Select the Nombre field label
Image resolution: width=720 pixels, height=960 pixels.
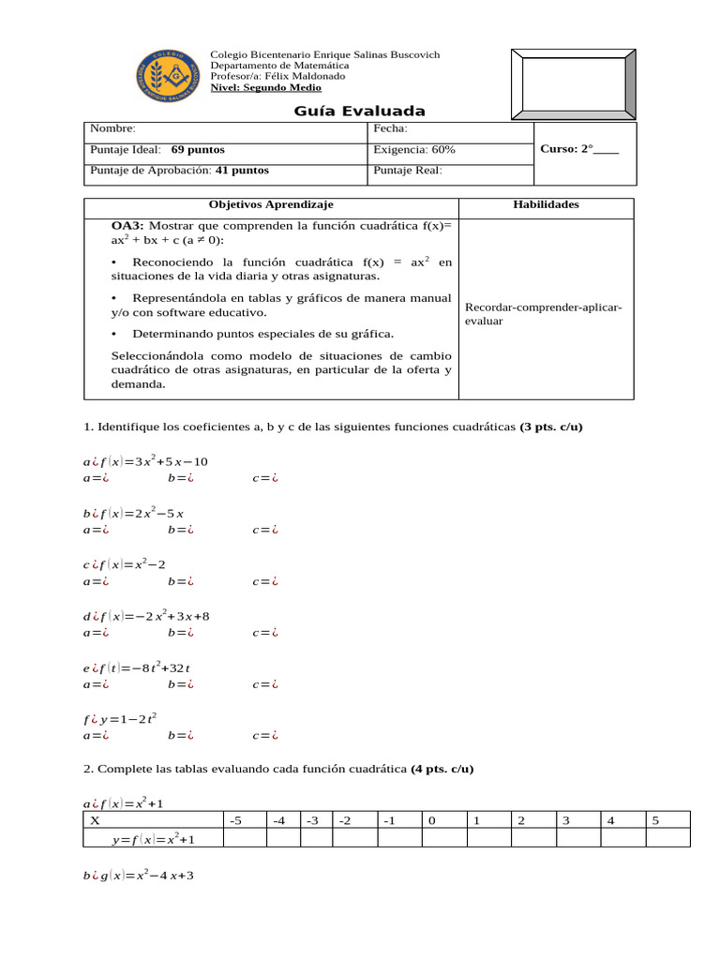pyautogui.click(x=112, y=129)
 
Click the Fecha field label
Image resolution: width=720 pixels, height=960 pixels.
pyautogui.click(x=390, y=129)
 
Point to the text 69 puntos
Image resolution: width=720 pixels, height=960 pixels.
pyautogui.click(x=198, y=150)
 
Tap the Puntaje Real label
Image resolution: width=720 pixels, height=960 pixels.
pyautogui.click(x=408, y=171)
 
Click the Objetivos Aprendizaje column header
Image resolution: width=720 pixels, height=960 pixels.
pyautogui.click(x=271, y=204)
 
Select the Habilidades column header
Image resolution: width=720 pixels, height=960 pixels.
pyautogui.click(x=546, y=204)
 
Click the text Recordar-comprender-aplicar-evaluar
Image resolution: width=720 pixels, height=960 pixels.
pyautogui.click(x=544, y=314)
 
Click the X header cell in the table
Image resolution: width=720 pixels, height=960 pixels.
pyautogui.click(x=95, y=820)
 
